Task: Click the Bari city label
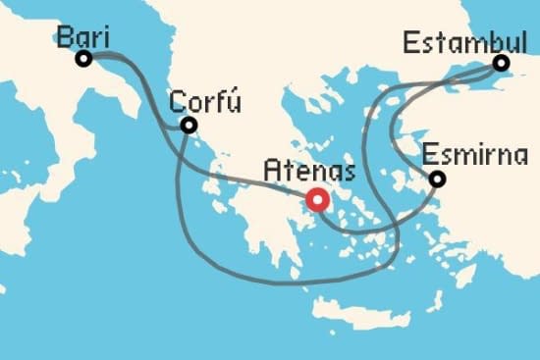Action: pos(82,36)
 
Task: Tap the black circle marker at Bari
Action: pos(83,59)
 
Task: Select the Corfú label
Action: pos(205,102)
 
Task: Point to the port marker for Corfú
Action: pos(188,125)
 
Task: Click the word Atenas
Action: pos(308,171)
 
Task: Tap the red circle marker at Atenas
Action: pos(317,200)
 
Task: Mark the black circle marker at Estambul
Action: pos(501,64)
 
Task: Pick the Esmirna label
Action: pos(476,156)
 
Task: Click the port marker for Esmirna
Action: pos(437,179)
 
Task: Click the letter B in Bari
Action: pos(65,37)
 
